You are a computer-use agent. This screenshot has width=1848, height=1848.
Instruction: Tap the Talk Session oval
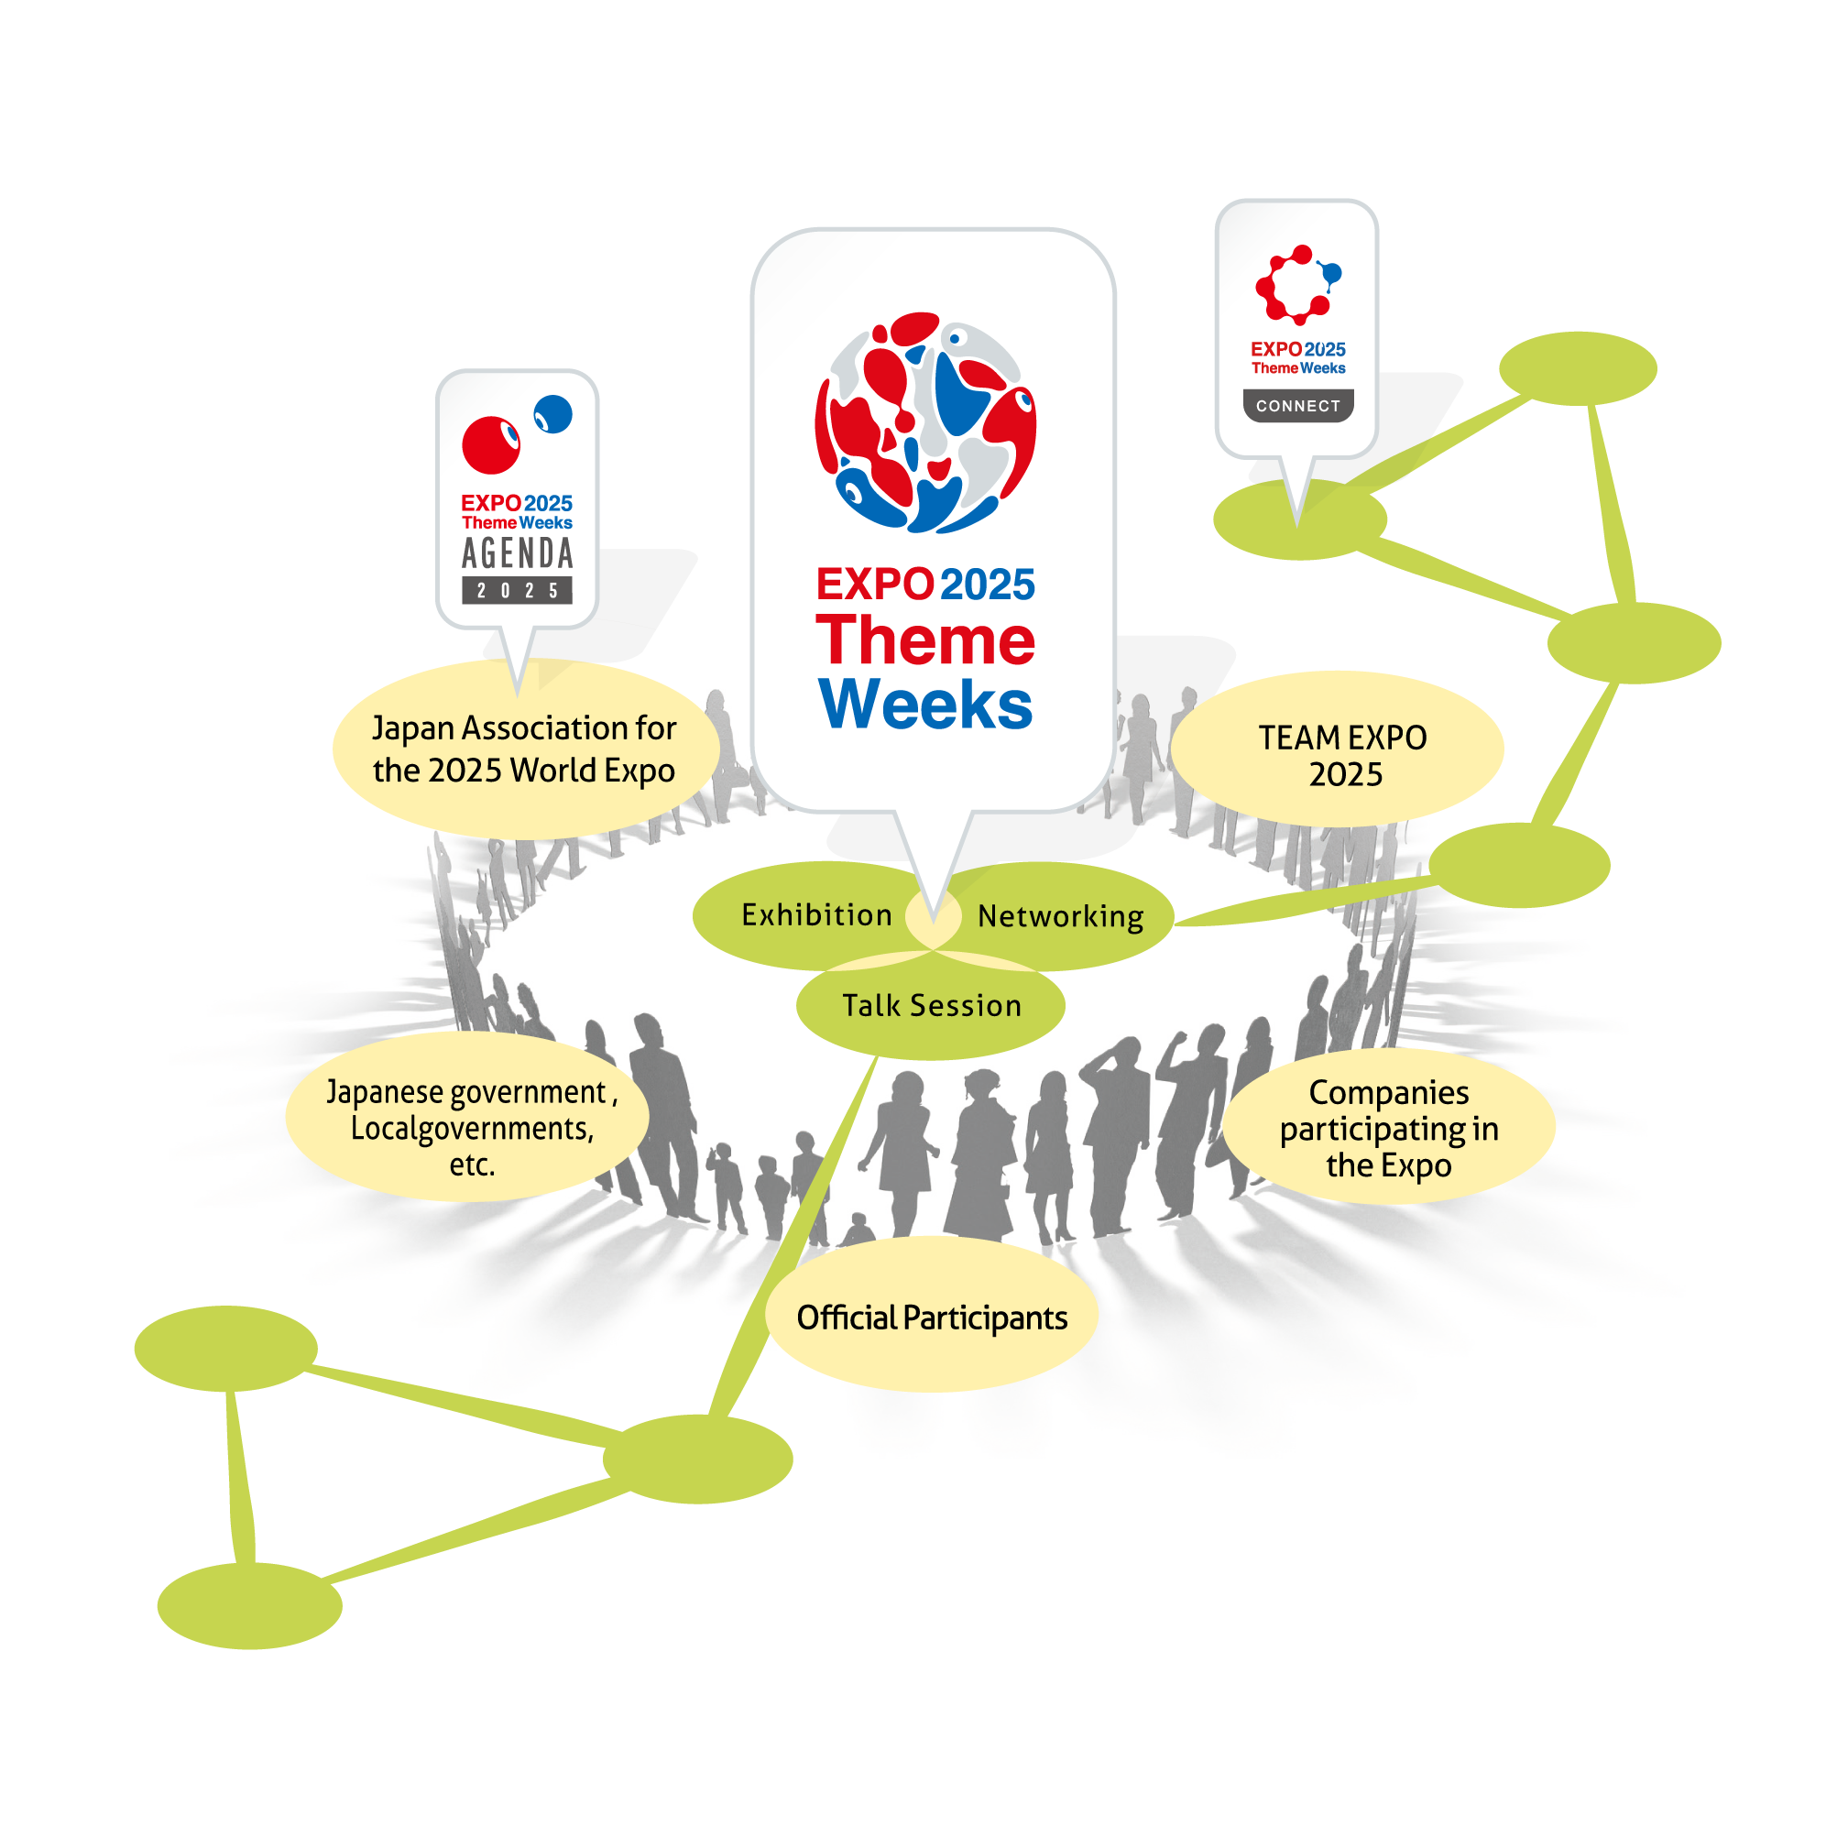pyautogui.click(x=931, y=1006)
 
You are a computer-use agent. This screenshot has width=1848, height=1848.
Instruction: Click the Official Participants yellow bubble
pyautogui.click(x=932, y=1318)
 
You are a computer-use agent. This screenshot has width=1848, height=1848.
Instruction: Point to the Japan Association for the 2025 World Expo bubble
pyautogui.click(x=524, y=749)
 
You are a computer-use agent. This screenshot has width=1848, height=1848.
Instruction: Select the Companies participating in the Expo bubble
pyautogui.click(x=1388, y=1128)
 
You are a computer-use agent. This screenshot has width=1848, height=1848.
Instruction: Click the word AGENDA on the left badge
pyautogui.click(x=518, y=552)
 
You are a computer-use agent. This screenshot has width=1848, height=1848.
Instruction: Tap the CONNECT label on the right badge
pyautogui.click(x=1298, y=406)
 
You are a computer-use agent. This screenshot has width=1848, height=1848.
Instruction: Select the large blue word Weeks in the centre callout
pyautogui.click(x=925, y=705)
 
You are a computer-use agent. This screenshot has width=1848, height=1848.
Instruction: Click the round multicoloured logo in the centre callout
pyautogui.click(x=925, y=421)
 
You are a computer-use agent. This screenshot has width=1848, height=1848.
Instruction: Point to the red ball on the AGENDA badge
pyautogui.click(x=491, y=444)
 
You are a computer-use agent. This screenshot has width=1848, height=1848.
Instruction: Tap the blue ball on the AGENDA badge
pyautogui.click(x=552, y=414)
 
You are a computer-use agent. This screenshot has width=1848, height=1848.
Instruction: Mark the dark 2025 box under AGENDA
pyautogui.click(x=518, y=590)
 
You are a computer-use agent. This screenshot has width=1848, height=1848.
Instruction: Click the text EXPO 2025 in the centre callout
pyautogui.click(x=925, y=585)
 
